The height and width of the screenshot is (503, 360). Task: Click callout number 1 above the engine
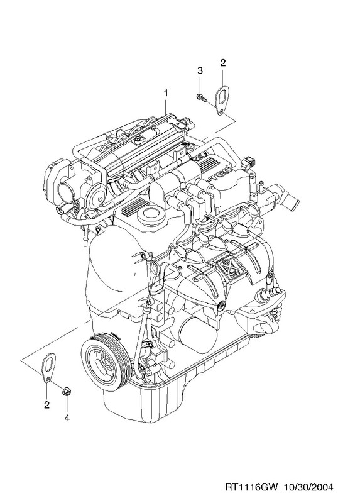point(166,93)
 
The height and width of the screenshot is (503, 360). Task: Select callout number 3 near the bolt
point(200,70)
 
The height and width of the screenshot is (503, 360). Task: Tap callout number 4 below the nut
point(67,417)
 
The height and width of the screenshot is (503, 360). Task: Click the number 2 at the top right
point(223,62)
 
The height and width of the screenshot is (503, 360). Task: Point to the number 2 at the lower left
point(46,405)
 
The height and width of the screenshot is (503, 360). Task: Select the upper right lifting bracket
point(221,100)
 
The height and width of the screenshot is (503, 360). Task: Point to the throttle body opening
point(68,192)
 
